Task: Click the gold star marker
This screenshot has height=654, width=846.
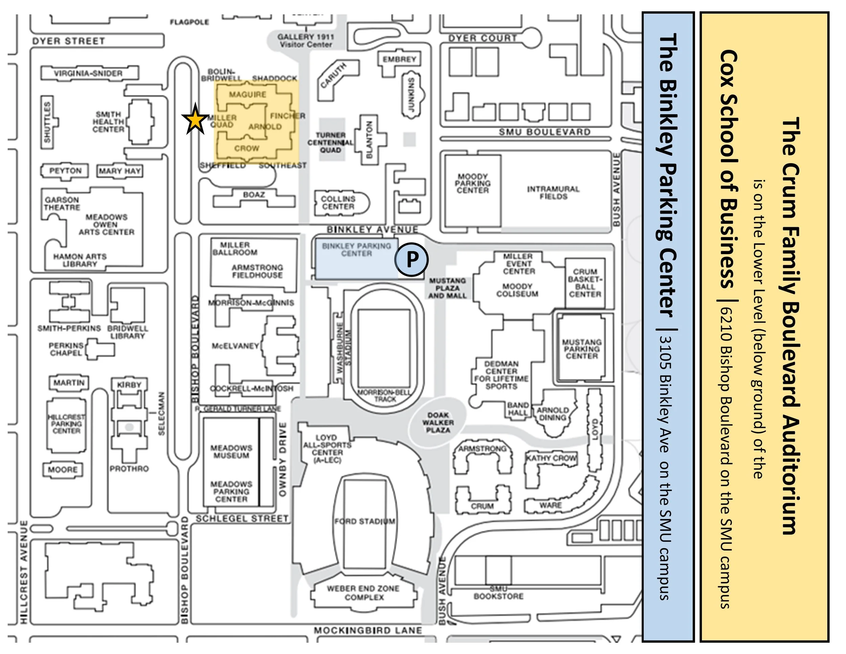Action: point(195,120)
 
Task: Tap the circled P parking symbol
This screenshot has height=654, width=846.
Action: point(411,259)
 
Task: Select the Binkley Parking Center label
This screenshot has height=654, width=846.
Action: point(356,249)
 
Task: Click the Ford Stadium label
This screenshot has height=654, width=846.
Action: point(364,521)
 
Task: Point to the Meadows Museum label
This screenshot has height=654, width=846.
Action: point(231,451)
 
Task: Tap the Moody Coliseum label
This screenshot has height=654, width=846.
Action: point(517,290)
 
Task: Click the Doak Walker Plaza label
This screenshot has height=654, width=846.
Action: point(438,422)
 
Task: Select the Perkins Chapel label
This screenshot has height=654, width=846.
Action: point(66,349)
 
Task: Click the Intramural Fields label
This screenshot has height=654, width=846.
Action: point(553,193)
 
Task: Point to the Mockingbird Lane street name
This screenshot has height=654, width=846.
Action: point(368,630)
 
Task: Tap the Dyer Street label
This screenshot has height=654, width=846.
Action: point(69,41)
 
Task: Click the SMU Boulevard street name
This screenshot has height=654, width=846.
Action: point(544,132)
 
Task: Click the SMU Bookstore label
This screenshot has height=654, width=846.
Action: point(498,593)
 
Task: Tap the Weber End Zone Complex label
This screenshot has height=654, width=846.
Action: point(363,593)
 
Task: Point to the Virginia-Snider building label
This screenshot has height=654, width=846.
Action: point(88,73)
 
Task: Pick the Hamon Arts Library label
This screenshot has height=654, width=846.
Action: point(80,260)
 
